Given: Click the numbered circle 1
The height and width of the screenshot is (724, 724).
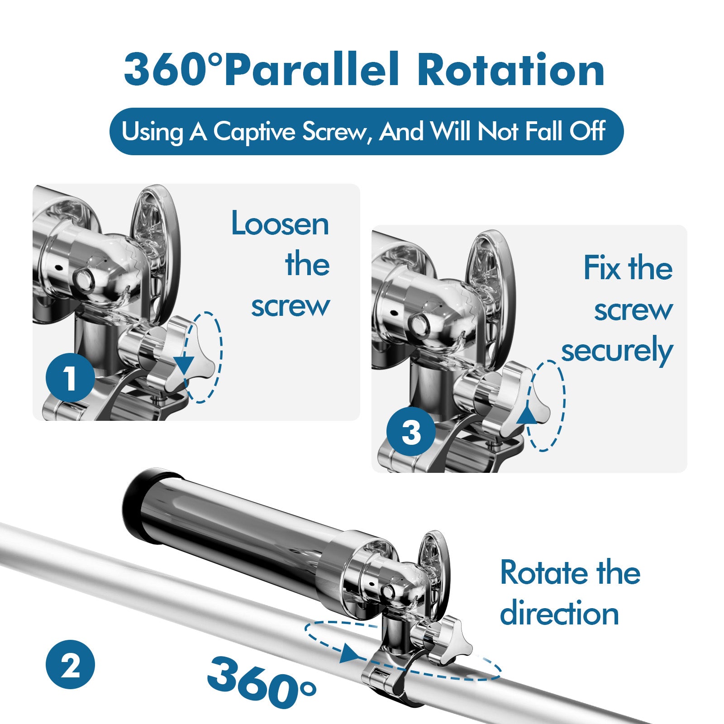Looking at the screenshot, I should [x=70, y=378].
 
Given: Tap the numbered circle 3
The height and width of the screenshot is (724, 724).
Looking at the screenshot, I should [x=410, y=432].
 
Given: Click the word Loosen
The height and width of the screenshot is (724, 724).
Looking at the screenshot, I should [x=280, y=224].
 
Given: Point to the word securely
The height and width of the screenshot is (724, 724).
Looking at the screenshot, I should [x=617, y=351].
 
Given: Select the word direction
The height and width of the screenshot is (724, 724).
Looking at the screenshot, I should [x=559, y=614].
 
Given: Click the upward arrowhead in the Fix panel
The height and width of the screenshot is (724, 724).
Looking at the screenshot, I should [x=526, y=415].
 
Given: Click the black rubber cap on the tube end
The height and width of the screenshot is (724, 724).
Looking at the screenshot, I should [x=136, y=502].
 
